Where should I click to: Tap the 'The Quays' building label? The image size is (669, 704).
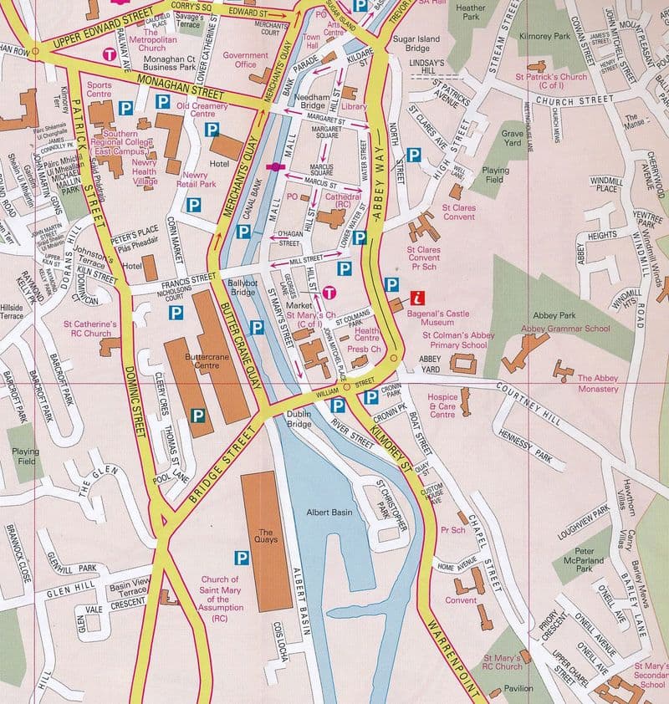267,536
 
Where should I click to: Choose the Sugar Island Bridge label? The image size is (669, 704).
405,43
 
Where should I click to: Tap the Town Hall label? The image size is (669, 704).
312,43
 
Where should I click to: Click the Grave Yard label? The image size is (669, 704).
512,137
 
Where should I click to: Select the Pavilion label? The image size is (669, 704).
518,690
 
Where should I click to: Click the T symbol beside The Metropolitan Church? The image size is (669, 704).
108,54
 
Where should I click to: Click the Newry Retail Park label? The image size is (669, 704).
195,179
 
